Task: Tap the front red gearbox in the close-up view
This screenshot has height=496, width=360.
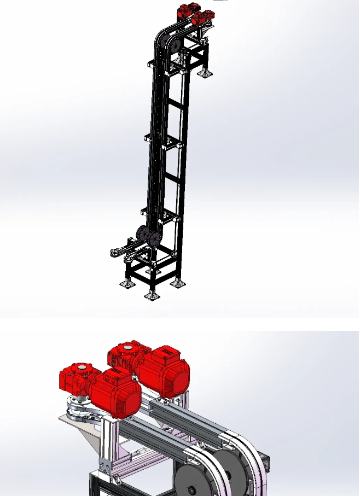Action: click(x=77, y=378)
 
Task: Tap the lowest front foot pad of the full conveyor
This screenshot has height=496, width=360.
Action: click(x=152, y=295)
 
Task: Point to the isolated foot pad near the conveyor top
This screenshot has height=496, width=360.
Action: click(x=206, y=73)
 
